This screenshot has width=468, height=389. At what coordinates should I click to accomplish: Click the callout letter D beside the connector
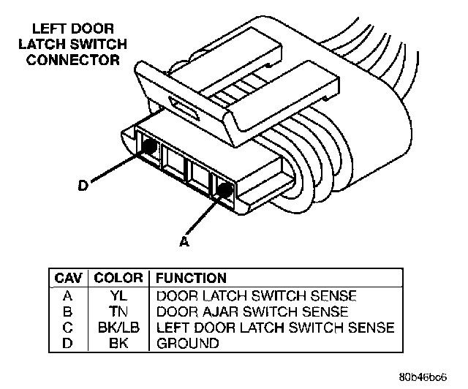[83, 186]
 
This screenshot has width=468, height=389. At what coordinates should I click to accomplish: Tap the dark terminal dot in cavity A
[224, 192]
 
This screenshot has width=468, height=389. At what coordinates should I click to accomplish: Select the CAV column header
[68, 279]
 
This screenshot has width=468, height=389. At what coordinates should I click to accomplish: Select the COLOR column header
[118, 279]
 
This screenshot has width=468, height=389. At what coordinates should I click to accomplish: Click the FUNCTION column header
[191, 279]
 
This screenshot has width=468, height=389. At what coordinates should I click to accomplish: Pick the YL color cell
[118, 296]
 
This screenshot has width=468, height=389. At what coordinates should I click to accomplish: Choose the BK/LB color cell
[118, 328]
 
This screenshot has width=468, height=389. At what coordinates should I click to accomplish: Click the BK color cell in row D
[118, 343]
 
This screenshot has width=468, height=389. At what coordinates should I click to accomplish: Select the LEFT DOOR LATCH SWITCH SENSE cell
[275, 328]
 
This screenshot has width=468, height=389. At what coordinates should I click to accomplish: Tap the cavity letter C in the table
[68, 328]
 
